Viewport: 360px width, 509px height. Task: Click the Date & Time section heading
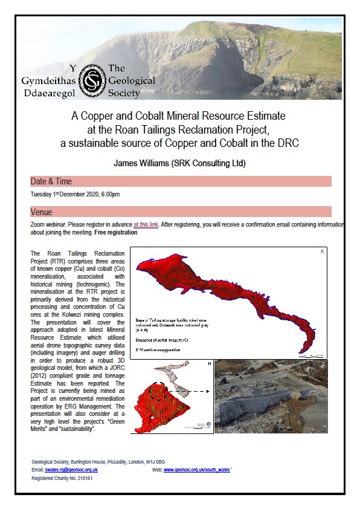[x=51, y=181]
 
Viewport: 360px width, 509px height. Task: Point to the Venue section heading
[x=42, y=212]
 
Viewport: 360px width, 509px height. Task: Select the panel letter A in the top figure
[x=323, y=251]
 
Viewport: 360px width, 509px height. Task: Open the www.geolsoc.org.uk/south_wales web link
[x=196, y=470]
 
